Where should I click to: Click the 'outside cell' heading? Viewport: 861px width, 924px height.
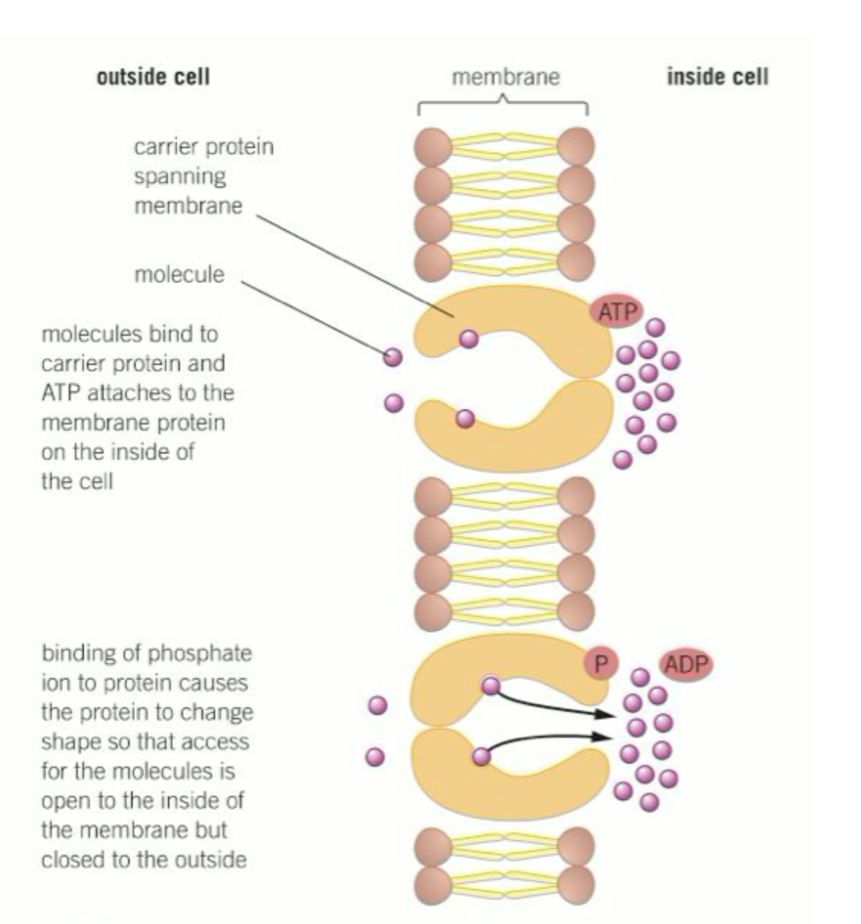click(153, 77)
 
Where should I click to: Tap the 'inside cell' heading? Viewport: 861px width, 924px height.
click(717, 77)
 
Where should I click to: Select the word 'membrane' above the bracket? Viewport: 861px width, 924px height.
click(505, 77)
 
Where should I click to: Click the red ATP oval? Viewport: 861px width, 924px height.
click(616, 312)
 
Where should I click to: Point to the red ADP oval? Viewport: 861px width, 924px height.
click(686, 664)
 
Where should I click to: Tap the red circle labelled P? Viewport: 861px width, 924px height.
click(600, 664)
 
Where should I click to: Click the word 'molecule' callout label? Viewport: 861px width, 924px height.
click(179, 274)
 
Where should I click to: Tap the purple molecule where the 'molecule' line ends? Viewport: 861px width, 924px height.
click(392, 356)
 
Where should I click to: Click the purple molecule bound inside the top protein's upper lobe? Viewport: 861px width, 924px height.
click(469, 339)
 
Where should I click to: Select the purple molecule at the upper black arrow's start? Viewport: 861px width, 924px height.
click(491, 686)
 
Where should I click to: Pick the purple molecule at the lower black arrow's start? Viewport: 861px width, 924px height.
click(481, 756)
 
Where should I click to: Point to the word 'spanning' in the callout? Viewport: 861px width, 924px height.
click(180, 176)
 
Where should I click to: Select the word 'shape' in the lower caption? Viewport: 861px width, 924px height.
click(69, 741)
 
